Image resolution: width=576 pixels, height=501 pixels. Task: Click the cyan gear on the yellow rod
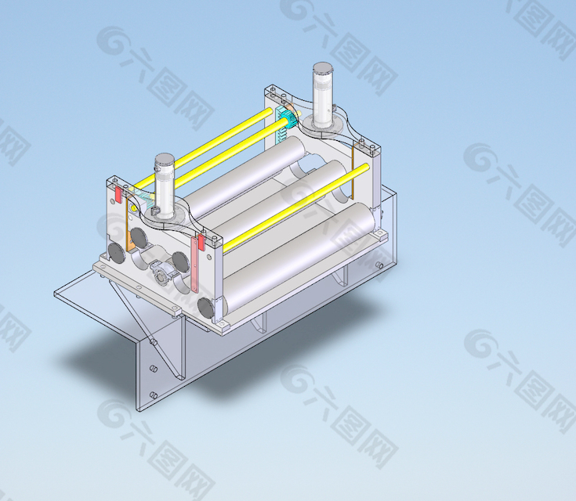click(291, 119)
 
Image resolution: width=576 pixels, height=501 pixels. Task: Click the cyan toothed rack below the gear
click(281, 125)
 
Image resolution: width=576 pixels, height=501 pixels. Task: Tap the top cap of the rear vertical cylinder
click(323, 68)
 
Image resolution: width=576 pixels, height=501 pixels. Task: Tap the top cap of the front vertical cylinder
click(164, 159)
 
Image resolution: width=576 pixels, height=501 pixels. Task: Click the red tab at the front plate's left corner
click(118, 194)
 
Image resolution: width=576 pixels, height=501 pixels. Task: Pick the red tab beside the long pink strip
click(201, 243)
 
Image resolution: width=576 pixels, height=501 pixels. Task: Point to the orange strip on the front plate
click(129, 225)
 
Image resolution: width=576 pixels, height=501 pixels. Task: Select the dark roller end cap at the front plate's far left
click(117, 252)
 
